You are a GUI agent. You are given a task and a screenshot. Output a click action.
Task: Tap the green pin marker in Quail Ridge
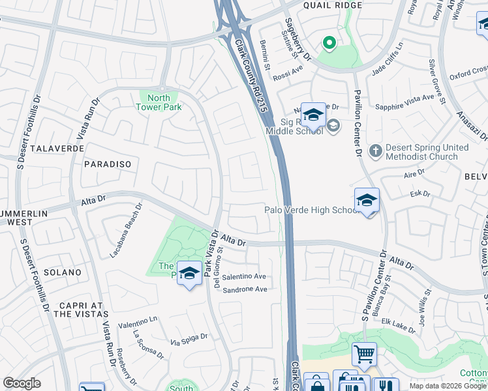[x=329, y=44]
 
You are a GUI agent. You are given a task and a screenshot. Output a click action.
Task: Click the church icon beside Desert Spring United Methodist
[x=375, y=151]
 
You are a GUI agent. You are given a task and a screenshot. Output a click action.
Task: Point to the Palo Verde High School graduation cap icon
[x=367, y=201]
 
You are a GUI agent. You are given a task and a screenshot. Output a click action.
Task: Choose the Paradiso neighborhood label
[x=108, y=165]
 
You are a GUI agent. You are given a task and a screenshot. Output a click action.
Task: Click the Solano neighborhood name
[x=63, y=272]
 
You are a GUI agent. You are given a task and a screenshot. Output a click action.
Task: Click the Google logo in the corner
[x=22, y=383]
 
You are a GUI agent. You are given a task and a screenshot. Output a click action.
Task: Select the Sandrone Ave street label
[x=245, y=289]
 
